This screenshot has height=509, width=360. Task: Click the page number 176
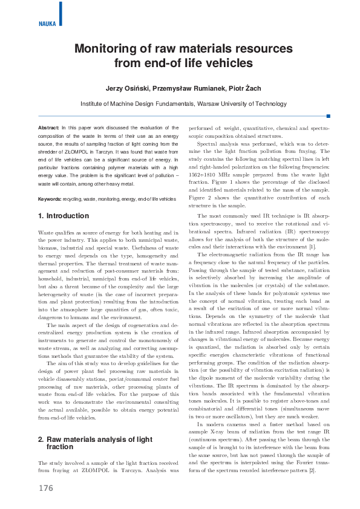pos(46,487)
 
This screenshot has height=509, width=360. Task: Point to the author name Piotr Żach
pos(245,88)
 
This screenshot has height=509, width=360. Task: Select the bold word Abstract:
pos(48,128)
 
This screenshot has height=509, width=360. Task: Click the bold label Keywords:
pos(50,199)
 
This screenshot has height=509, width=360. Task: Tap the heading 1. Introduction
pos(64,216)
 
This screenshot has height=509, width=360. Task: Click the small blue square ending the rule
pos(328,115)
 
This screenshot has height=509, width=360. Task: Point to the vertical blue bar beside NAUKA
pos(61,13)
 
